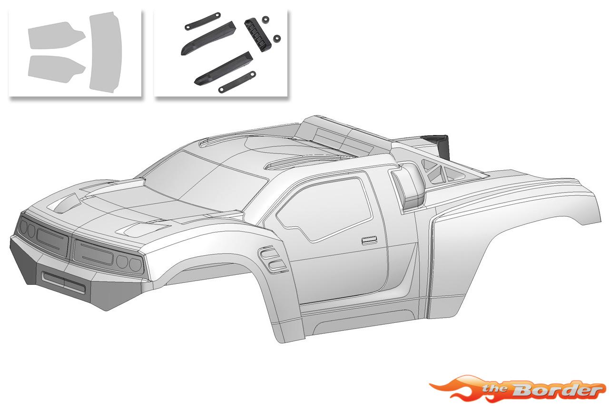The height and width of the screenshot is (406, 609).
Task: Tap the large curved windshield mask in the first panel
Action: point(106,50)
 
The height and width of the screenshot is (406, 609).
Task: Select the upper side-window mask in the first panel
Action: point(56,36)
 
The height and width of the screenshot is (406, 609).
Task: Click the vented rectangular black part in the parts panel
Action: point(257,35)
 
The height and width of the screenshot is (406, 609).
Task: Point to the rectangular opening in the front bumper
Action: point(63,282)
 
